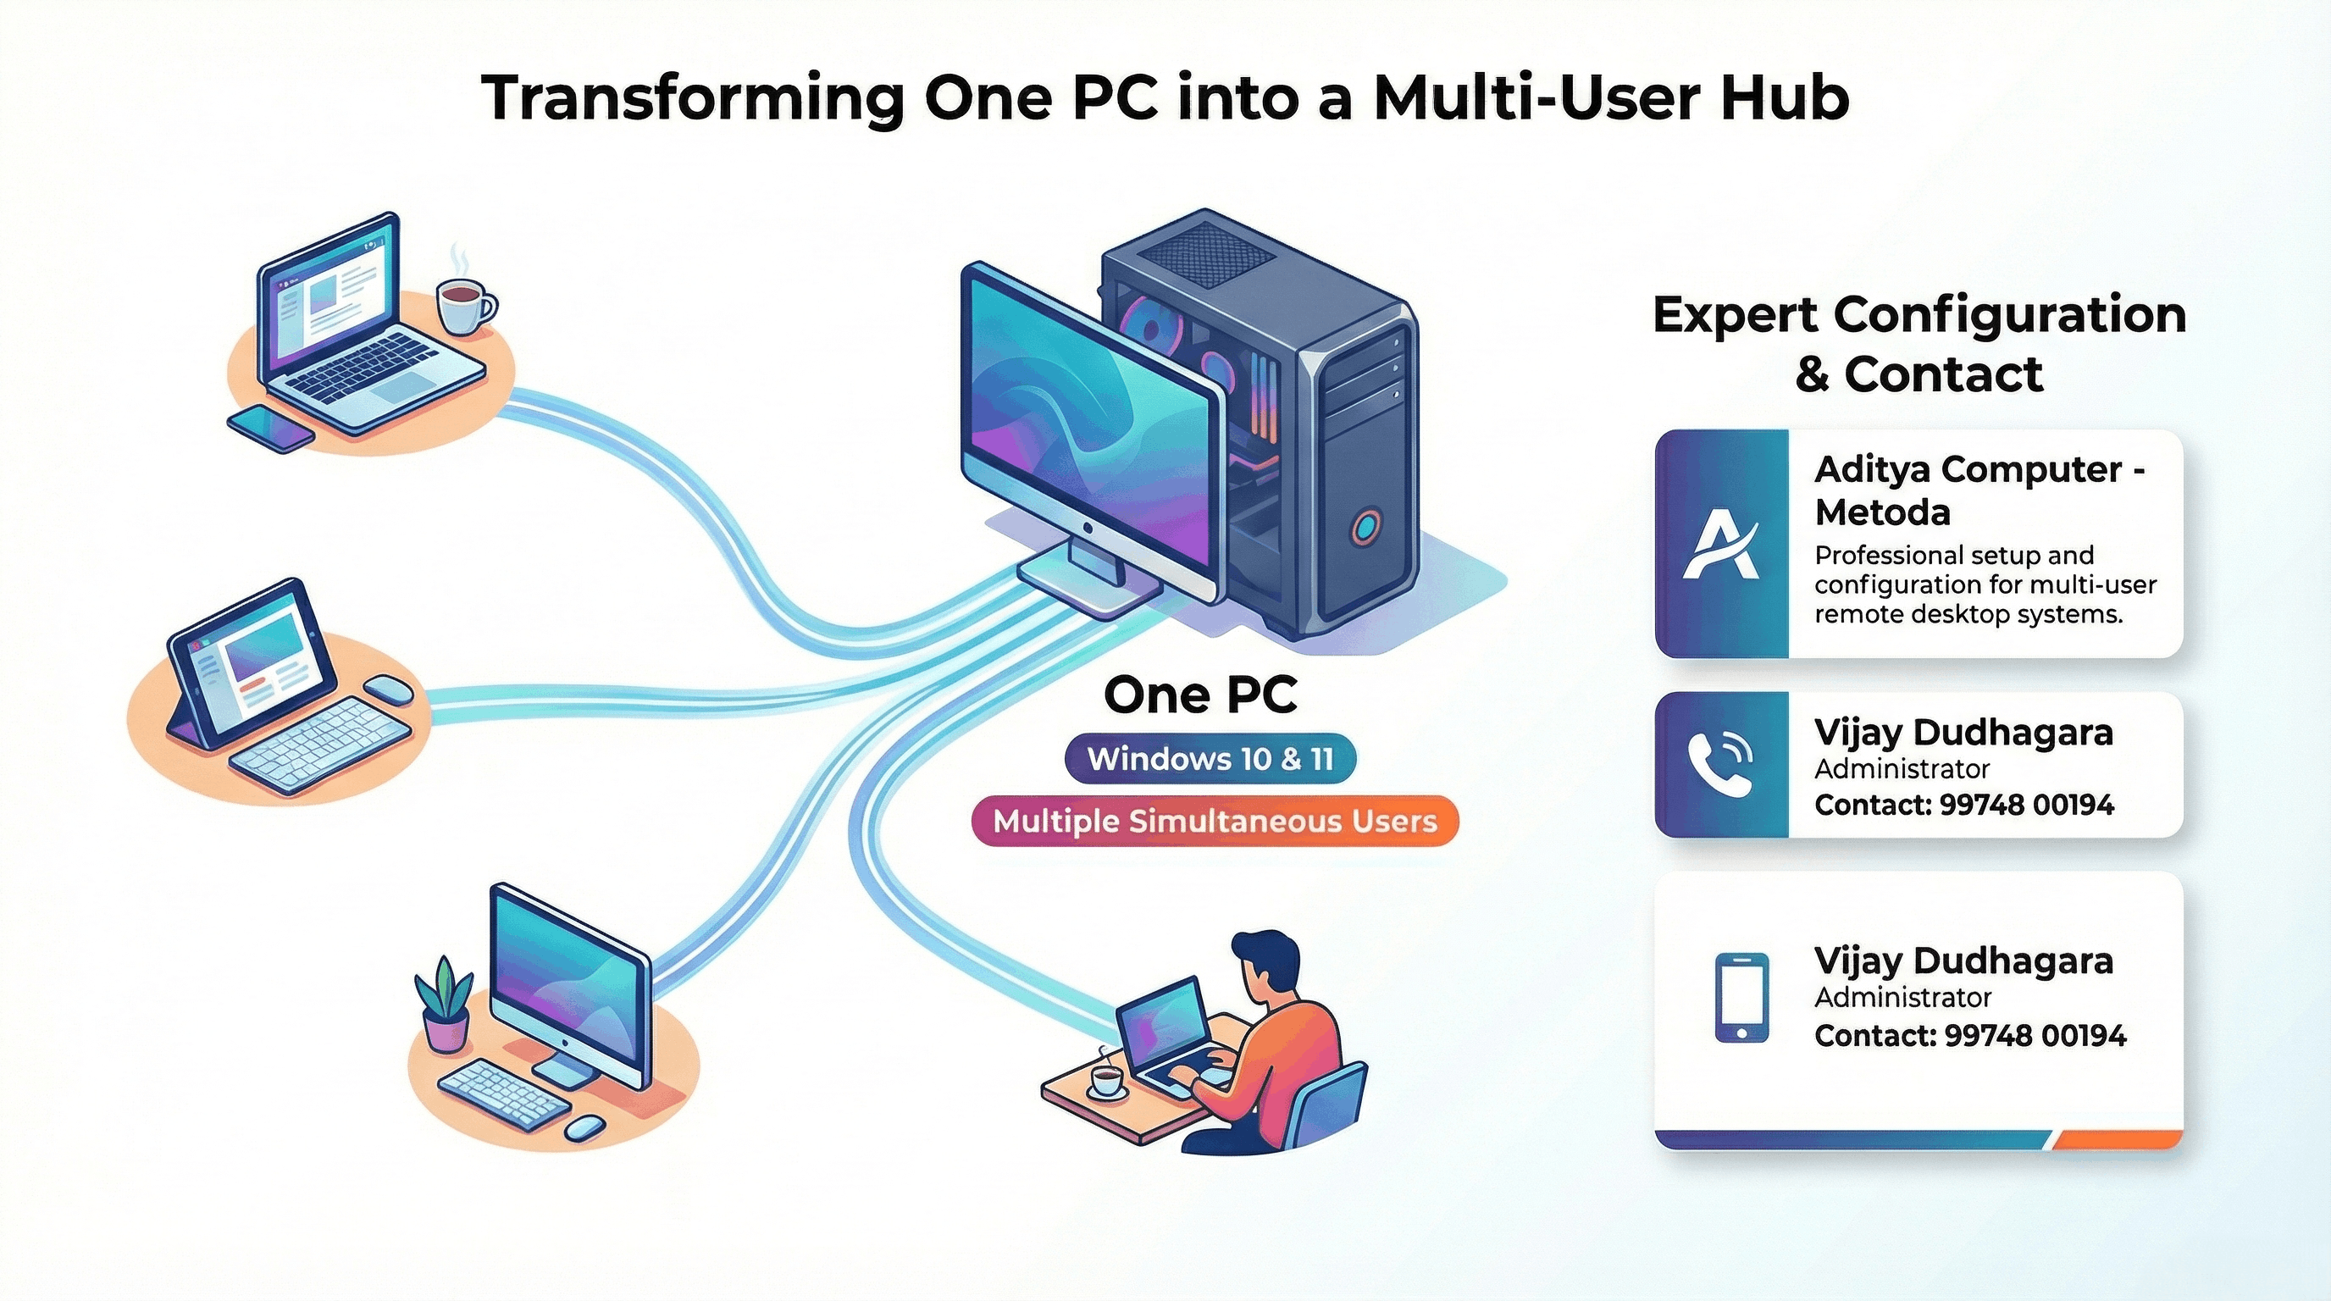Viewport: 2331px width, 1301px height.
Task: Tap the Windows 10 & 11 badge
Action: click(x=1210, y=758)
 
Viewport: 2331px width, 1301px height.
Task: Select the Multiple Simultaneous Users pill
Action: click(x=1215, y=821)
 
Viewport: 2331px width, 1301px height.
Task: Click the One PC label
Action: click(x=1200, y=695)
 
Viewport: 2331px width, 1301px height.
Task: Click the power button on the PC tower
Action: click(x=1365, y=526)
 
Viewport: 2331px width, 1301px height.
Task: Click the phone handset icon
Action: click(x=1720, y=765)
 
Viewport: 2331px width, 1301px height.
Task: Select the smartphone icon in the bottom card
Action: click(x=1742, y=997)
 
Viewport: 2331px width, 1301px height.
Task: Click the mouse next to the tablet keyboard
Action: click(x=389, y=689)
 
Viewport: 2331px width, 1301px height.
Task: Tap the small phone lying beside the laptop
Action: click(x=270, y=428)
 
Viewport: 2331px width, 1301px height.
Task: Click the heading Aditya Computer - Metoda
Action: click(x=1979, y=490)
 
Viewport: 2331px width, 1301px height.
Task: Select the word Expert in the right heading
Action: click(x=1735, y=316)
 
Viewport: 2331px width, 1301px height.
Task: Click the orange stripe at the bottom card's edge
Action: click(x=2118, y=1140)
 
